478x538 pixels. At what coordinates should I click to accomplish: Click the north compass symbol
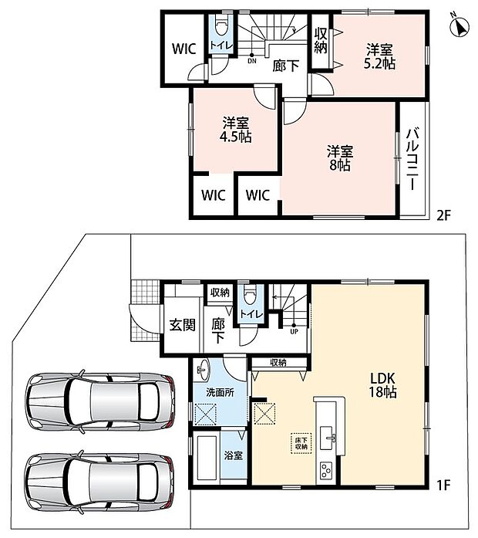459,26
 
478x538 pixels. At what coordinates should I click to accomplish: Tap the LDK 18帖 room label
382,384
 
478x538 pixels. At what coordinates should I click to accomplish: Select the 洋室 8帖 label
339,157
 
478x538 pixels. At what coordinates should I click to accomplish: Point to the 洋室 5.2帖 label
379,57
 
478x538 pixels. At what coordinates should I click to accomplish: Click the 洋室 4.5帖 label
235,130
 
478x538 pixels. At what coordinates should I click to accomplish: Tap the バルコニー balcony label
412,158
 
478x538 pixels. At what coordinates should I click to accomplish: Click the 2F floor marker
443,215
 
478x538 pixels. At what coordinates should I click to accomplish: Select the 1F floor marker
443,485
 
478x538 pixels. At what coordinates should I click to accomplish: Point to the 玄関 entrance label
182,325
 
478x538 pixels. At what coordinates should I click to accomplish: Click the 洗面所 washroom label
220,393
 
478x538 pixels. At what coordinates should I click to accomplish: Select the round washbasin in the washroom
204,370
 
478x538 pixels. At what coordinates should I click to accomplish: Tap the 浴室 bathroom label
234,455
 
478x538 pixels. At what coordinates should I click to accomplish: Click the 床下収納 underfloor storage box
301,443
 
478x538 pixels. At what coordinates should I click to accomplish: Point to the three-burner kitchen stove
325,470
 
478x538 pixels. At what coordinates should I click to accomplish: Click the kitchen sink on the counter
328,438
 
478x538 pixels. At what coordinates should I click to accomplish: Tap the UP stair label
294,331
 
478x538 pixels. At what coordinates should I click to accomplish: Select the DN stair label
252,61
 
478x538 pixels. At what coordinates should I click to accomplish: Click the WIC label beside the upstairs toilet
184,49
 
